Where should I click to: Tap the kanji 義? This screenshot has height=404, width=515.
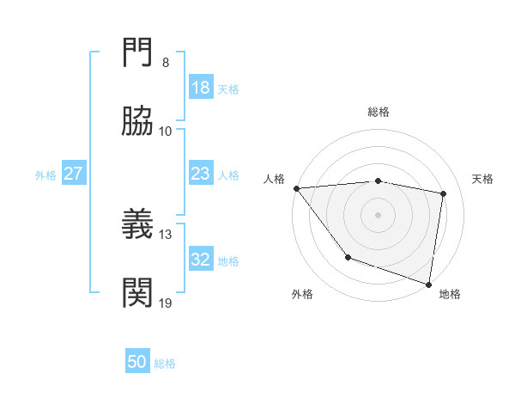(139, 224)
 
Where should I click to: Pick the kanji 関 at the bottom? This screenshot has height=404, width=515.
(139, 293)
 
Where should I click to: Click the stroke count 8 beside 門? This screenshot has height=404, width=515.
(165, 62)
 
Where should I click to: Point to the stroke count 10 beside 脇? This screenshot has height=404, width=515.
(166, 131)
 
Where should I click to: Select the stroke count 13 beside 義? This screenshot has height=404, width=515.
(166, 234)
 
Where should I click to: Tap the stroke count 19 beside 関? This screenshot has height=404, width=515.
(166, 303)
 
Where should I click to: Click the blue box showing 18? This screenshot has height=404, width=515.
(201, 88)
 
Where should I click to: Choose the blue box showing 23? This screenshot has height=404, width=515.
(201, 174)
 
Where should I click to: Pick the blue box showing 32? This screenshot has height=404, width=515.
(201, 260)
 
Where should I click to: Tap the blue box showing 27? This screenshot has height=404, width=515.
(74, 174)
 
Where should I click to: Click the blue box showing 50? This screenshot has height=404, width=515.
(138, 362)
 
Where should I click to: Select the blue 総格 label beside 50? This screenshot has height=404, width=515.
(166, 364)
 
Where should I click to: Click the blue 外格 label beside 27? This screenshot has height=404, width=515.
(45, 174)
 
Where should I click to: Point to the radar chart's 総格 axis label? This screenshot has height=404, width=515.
(379, 112)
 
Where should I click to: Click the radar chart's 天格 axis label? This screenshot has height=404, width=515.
(483, 179)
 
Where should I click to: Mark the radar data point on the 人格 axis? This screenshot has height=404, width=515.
(296, 188)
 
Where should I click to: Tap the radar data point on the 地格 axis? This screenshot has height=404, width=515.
(429, 284)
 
